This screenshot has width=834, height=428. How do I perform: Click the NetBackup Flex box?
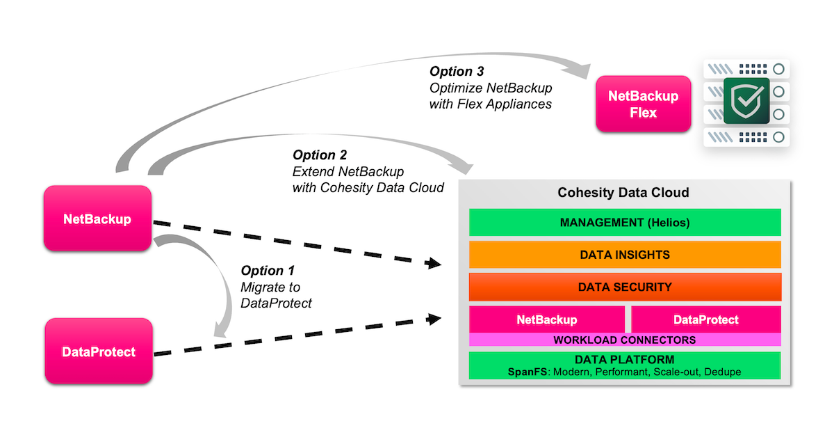[x=643, y=104]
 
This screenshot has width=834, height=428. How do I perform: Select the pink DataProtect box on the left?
[x=99, y=352]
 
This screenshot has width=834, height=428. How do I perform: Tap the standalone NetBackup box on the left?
[x=97, y=219]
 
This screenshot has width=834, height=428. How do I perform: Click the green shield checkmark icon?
[x=746, y=102]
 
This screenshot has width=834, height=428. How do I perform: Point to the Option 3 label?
[x=457, y=71]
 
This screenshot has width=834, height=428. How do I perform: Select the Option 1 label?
[x=268, y=271]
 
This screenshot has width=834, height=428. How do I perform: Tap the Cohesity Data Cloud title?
[x=623, y=192]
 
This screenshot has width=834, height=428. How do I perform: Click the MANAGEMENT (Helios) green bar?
[x=625, y=223]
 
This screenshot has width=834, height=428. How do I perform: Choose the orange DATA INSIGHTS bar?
[x=625, y=255]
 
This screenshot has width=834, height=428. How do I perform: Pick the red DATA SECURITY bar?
[x=625, y=287]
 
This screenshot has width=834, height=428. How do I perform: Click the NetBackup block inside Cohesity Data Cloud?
[x=546, y=319]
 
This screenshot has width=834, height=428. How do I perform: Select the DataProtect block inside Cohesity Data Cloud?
[x=706, y=319]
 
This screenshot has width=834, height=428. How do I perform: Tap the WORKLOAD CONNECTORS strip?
[x=625, y=340]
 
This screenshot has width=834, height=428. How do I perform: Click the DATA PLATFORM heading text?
[x=625, y=360]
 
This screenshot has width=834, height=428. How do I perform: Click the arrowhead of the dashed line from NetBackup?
[x=436, y=264]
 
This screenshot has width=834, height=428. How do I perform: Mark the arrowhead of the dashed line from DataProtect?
[x=436, y=319]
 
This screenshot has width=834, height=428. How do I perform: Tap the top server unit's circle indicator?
[x=779, y=69]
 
